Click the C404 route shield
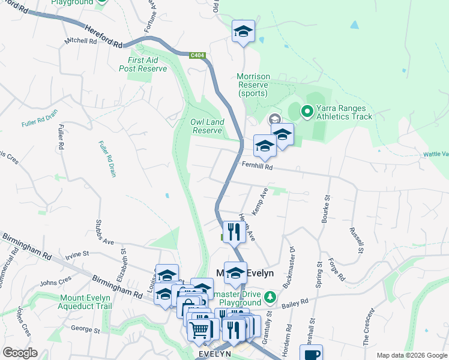pyautogui.click(x=196, y=56)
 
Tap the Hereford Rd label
pyautogui.click(x=103, y=36)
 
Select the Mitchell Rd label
pyautogui.click(x=80, y=42)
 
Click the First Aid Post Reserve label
pyautogui.click(x=143, y=65)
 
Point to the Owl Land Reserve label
pyautogui.click(x=207, y=126)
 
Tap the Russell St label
pyautogui.click(x=357, y=240)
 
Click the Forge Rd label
pyautogui.click(x=337, y=269)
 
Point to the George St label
pyautogui.click(x=85, y=329)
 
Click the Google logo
pyautogui.click(x=20, y=353)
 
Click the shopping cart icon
pyautogui.click(x=200, y=328)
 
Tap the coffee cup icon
pyautogui.click(x=311, y=354)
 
